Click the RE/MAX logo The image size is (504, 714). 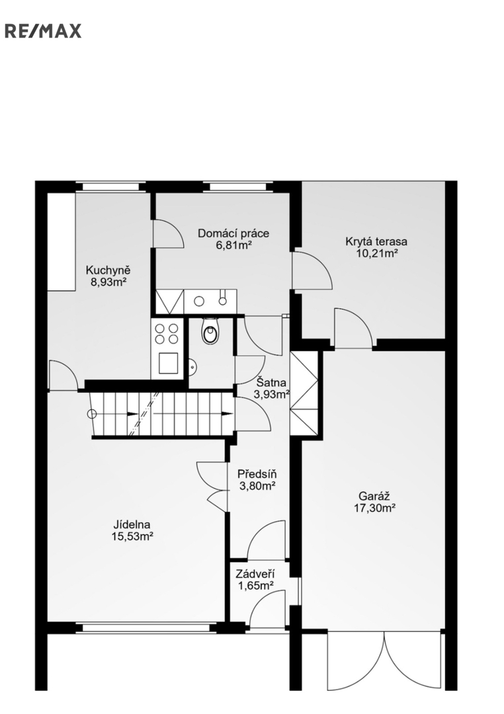[x=43, y=31]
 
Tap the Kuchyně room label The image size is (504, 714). [x=108, y=270]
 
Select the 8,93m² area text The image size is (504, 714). [x=108, y=282]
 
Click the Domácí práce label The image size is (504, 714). [x=233, y=233]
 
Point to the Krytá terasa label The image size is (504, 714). [x=376, y=241]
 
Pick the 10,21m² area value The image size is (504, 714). [x=376, y=253]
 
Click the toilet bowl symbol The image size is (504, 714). [x=210, y=331]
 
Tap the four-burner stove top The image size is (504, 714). [x=167, y=333]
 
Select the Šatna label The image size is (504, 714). [x=271, y=382]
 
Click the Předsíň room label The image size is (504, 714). [x=257, y=475]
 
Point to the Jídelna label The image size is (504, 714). [x=132, y=525]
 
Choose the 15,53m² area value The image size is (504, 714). [x=132, y=537]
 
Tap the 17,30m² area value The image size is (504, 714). [x=374, y=508]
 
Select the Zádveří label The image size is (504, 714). [x=255, y=575]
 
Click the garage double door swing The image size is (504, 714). [x=384, y=660]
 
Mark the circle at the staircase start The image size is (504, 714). [x=92, y=414]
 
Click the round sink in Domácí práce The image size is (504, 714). [x=199, y=301]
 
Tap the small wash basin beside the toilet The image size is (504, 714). [x=192, y=366]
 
